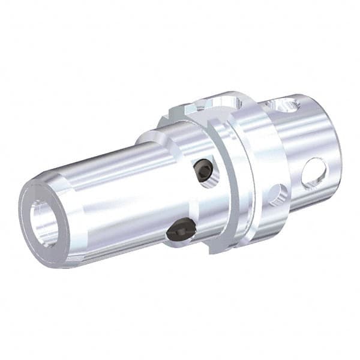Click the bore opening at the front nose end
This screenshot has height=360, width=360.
click(45, 223)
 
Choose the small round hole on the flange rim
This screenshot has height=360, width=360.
click(277, 193)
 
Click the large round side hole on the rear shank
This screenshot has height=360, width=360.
click(314, 173)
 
